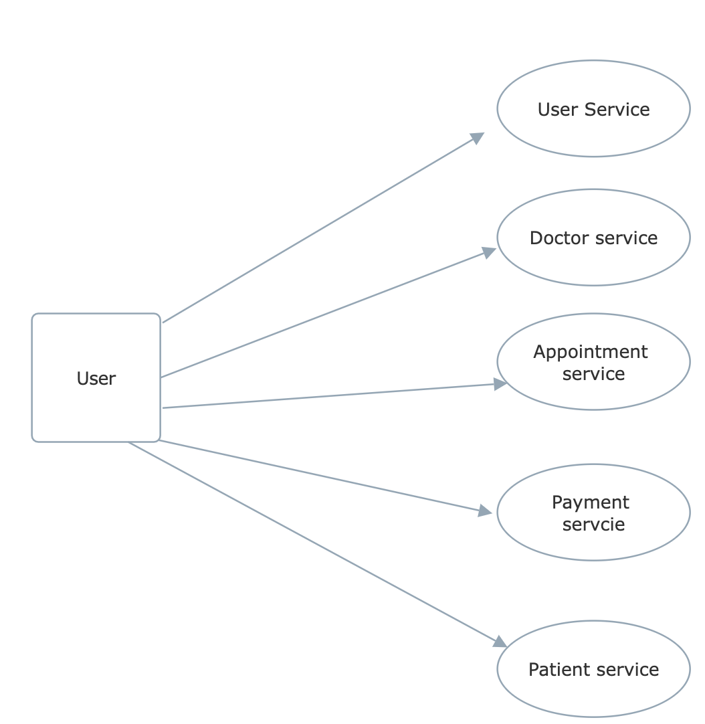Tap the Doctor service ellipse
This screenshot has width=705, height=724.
tap(593, 264)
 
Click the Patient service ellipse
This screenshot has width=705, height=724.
tap(593, 696)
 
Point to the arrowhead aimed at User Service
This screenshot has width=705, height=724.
tap(477, 138)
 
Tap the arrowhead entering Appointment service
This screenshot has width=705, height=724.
tap(500, 384)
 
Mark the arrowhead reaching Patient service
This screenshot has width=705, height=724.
tap(500, 642)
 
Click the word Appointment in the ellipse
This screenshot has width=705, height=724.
tap(591, 352)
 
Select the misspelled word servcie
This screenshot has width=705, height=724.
tap(593, 524)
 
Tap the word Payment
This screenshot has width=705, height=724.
tap(591, 503)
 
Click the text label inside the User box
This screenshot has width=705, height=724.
tap(96, 379)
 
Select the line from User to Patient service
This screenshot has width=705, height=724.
tap(314, 543)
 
